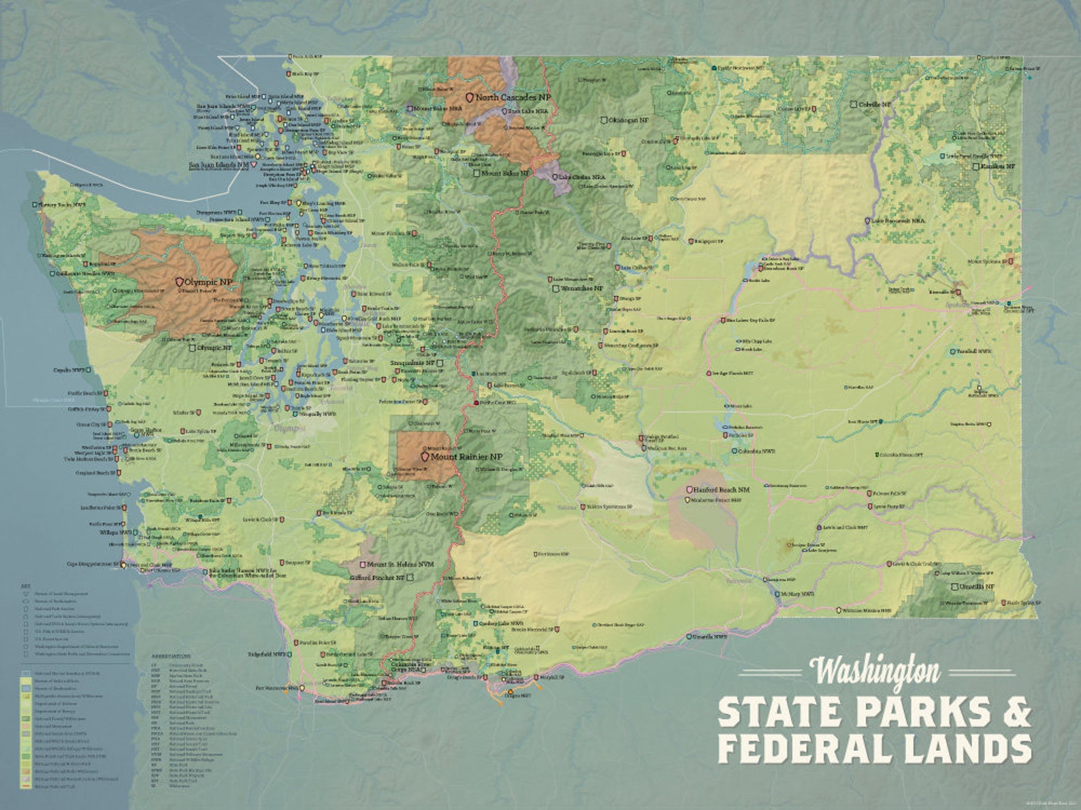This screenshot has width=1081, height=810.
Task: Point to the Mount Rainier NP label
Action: pyautogui.click(x=466, y=457)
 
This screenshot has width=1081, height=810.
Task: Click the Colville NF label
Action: pyautogui.click(x=874, y=105)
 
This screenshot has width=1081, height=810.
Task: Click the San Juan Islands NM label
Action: pyautogui.click(x=219, y=165)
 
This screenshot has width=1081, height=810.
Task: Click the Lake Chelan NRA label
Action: pyautogui.click(x=582, y=177)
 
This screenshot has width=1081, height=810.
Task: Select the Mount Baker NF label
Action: pyautogui.click(x=504, y=173)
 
